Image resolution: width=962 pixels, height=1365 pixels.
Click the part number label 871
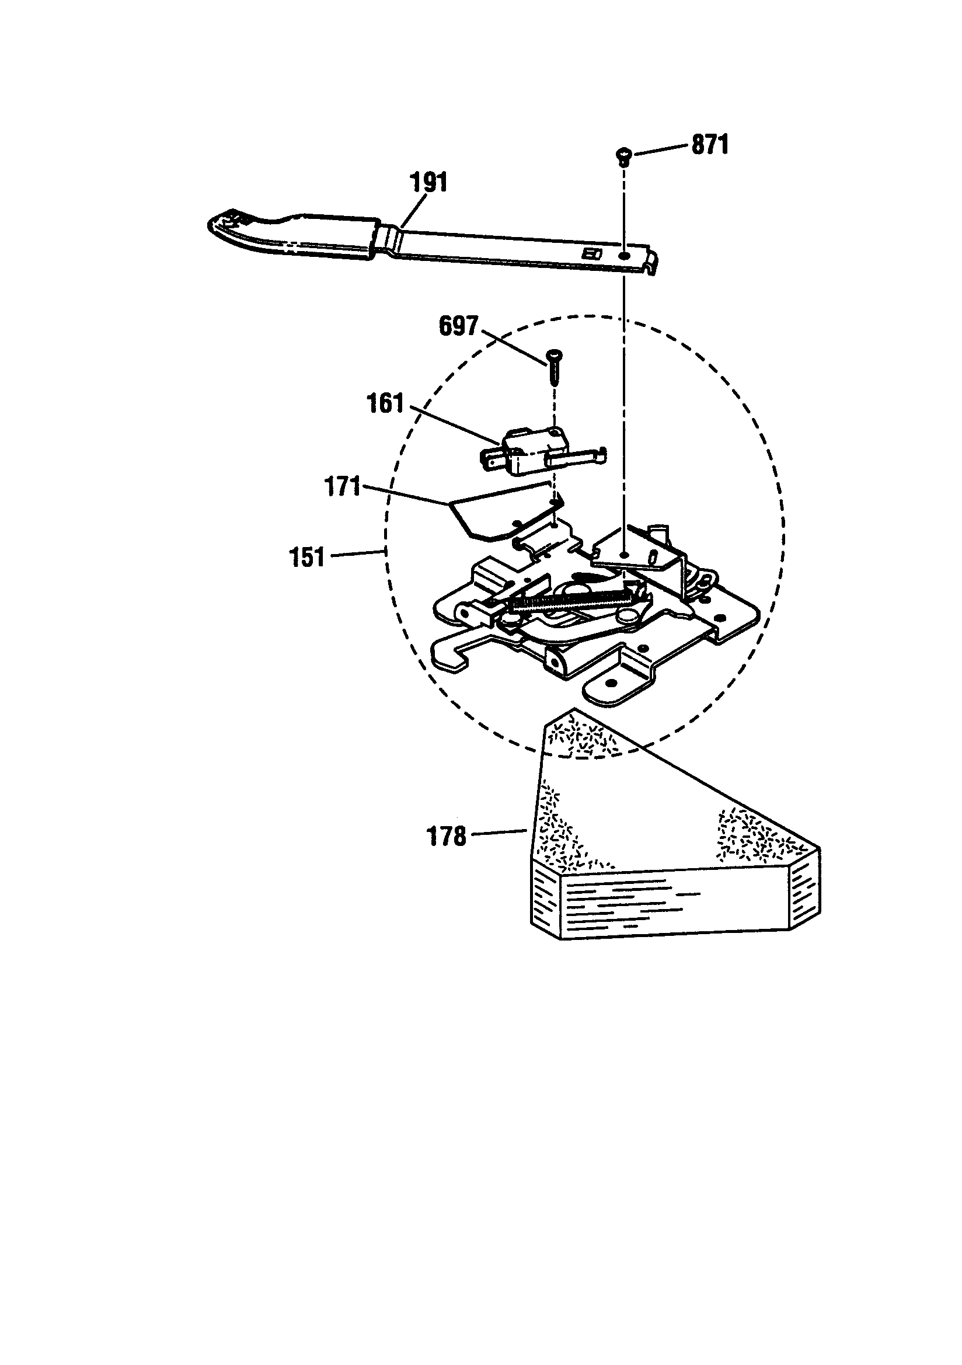(710, 145)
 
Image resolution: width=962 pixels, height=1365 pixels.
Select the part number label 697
(458, 326)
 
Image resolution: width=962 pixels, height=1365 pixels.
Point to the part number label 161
(386, 404)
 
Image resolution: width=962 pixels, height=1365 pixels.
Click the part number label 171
(343, 487)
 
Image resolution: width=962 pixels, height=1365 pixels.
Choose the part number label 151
(307, 558)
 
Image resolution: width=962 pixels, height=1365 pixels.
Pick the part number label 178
(447, 837)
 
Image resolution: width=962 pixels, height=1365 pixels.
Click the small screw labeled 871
(623, 155)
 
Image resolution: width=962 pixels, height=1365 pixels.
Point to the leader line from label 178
(499, 834)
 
